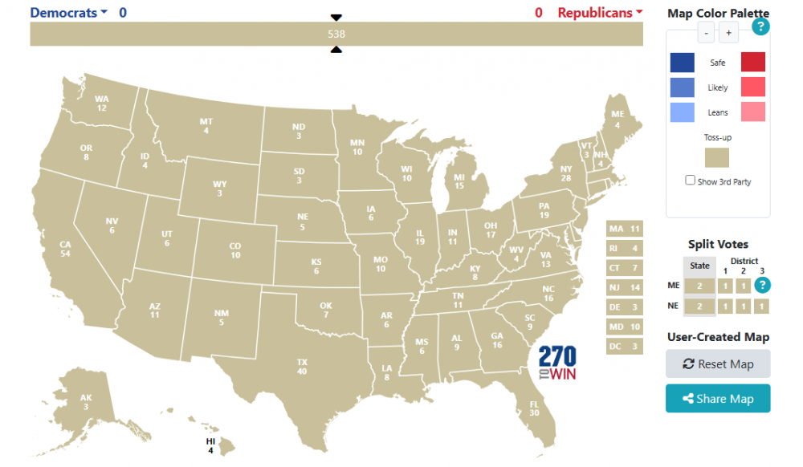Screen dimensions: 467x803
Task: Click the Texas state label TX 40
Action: [x=302, y=366]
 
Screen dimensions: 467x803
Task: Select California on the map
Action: [x=65, y=249]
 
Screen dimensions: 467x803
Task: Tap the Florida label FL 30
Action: [x=535, y=408]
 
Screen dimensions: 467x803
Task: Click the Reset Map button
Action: [x=718, y=363]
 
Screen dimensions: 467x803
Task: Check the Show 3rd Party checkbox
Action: [x=691, y=181]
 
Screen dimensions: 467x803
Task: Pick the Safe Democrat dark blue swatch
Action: [x=683, y=62]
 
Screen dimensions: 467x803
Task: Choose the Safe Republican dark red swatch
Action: [x=752, y=62]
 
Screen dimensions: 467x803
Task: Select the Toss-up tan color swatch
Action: [x=717, y=158]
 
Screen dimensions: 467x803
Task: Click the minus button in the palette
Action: [x=705, y=33]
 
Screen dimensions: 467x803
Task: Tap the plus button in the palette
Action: [x=728, y=33]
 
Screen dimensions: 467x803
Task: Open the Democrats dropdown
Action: [x=69, y=13]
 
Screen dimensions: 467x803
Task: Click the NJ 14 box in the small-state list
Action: [x=625, y=287]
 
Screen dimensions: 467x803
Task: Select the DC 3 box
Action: [x=625, y=347]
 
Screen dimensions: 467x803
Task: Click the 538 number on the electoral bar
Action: [x=336, y=34]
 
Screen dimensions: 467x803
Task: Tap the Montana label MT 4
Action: [x=206, y=126]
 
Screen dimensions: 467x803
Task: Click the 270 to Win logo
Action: [x=557, y=363]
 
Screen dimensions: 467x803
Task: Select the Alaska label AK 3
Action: [x=86, y=402]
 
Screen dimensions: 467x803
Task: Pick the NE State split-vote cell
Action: [x=700, y=307]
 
